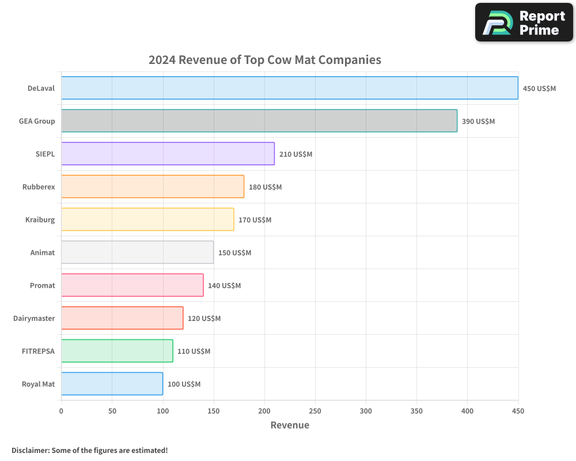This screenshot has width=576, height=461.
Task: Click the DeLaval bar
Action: [x=289, y=88]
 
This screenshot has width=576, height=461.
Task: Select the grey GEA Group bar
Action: [x=259, y=121]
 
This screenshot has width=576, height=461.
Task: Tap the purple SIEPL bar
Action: [x=168, y=154]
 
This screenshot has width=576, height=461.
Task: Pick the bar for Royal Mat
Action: [x=112, y=384]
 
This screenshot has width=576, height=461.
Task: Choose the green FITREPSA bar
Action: [x=117, y=351]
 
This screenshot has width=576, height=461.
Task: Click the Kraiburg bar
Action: [x=147, y=220]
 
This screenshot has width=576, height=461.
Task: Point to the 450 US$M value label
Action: [x=539, y=89]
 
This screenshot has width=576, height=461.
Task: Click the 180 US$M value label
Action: [x=265, y=187]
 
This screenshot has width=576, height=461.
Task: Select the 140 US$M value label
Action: [x=224, y=286]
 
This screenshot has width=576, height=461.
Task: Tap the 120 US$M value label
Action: [x=204, y=319]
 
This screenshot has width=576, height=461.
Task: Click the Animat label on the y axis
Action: [x=43, y=252]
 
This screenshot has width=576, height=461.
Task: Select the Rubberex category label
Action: [x=39, y=187]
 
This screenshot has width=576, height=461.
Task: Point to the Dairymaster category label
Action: [x=34, y=318]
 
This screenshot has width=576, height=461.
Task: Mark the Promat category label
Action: [x=43, y=285]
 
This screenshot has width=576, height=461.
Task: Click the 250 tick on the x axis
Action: [x=315, y=411]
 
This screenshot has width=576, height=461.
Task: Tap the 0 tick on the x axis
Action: [x=61, y=411]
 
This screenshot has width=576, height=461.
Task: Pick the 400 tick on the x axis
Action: [x=467, y=411]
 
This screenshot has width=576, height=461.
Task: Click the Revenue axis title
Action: [x=290, y=425]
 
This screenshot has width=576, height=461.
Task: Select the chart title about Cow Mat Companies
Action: [x=265, y=60]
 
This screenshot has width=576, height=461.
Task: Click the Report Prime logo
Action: [x=524, y=22]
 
